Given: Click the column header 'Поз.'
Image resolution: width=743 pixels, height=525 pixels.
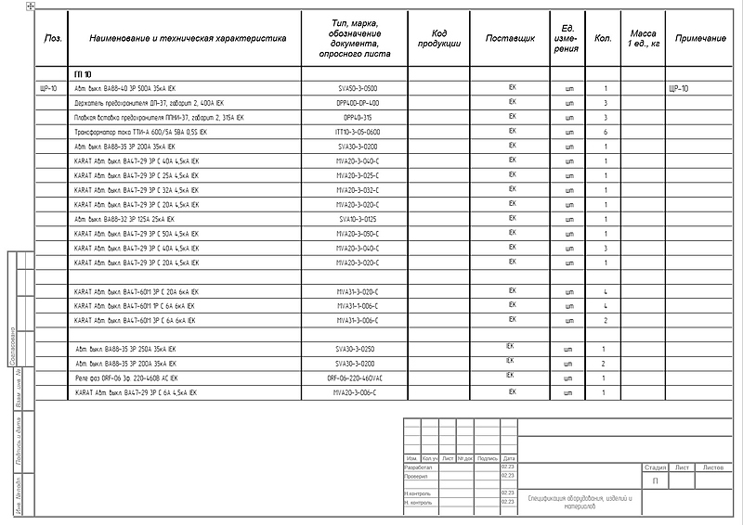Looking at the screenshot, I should (53, 38).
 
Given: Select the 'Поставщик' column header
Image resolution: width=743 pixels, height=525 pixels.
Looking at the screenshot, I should (511, 38).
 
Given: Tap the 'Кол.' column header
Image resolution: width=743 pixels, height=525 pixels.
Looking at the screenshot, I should (603, 38).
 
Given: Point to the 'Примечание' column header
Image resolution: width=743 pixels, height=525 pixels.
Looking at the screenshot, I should (700, 38).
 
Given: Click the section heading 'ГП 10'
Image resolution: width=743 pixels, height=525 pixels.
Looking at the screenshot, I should (82, 73).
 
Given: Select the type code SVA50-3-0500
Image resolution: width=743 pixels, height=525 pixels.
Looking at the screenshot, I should (358, 88).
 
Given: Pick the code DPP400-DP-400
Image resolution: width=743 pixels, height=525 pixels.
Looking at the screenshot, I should (358, 103).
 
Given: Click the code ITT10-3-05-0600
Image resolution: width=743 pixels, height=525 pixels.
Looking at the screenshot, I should (358, 133).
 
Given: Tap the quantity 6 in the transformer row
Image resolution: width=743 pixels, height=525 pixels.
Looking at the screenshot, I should (605, 133).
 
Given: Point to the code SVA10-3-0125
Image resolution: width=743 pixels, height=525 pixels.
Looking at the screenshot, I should (358, 220).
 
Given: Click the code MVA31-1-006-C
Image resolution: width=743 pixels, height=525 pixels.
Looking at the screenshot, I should (358, 306).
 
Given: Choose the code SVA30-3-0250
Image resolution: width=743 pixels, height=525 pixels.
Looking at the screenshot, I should (358, 350).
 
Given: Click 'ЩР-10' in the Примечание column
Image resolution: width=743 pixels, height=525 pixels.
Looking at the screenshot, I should (679, 89).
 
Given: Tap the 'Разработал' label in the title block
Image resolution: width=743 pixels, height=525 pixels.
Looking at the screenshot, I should (419, 467).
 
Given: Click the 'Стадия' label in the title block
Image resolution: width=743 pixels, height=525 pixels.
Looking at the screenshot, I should (655, 467).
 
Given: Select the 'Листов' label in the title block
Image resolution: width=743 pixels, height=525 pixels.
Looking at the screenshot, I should (714, 467).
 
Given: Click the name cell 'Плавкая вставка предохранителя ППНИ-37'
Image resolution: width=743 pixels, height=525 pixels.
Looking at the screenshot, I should (159, 118).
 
